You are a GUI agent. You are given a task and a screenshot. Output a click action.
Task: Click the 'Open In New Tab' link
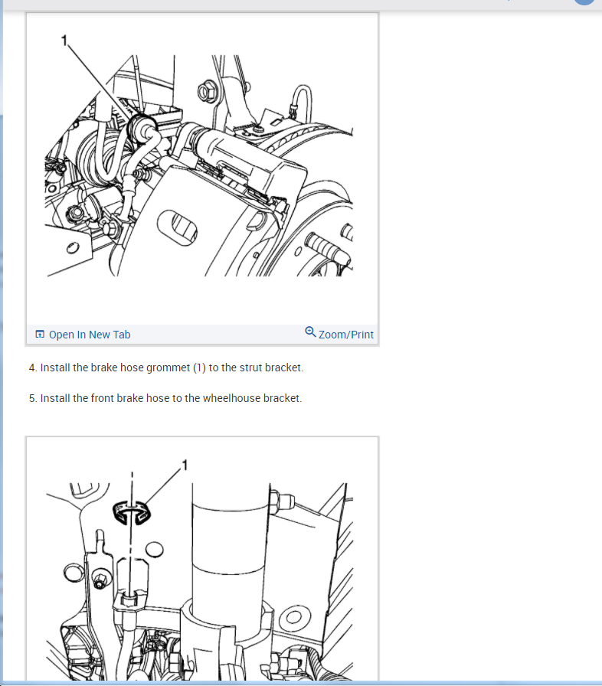point(90,335)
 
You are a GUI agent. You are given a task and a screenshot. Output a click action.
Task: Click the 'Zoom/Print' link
point(346,335)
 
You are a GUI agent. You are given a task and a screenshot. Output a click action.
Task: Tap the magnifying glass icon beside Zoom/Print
point(310,332)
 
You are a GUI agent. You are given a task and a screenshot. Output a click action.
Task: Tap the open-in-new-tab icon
point(40,335)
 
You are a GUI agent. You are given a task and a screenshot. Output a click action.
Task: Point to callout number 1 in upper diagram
point(64,41)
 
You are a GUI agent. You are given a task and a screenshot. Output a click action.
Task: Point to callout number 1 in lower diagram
point(185,465)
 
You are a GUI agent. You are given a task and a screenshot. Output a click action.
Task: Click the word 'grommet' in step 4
point(168,368)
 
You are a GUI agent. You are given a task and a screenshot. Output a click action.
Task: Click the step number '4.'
point(33,368)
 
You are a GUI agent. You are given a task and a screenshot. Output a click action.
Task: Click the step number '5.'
point(33,399)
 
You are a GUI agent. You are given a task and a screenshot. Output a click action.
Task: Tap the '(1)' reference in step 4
point(199,368)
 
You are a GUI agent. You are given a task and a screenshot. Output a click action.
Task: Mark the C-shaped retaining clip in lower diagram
point(132,512)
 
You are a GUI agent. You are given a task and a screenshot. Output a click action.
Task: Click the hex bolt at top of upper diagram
point(207,92)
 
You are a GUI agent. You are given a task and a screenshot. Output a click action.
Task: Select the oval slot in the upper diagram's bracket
point(177,227)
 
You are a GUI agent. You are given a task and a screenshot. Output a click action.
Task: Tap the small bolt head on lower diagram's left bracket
point(100,581)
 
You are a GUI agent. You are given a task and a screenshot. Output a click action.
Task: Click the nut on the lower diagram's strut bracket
point(280,501)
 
